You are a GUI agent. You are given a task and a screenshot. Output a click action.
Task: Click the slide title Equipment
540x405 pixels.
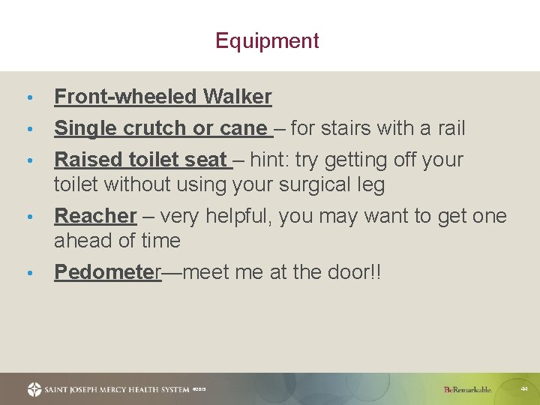(x=267, y=40)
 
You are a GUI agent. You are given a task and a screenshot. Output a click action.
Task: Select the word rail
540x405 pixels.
(x=450, y=128)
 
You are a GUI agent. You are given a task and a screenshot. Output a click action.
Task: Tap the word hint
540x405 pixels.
(x=269, y=160)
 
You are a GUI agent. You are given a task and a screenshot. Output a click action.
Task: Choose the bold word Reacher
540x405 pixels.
(x=95, y=216)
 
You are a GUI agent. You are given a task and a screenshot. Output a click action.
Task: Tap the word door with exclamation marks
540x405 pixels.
(x=355, y=272)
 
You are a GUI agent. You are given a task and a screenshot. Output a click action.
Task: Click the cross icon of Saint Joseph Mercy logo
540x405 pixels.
(x=34, y=389)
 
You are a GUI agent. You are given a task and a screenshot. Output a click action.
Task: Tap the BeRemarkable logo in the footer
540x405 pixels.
(x=467, y=389)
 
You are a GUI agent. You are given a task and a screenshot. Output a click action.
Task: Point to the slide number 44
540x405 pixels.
(x=523, y=388)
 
